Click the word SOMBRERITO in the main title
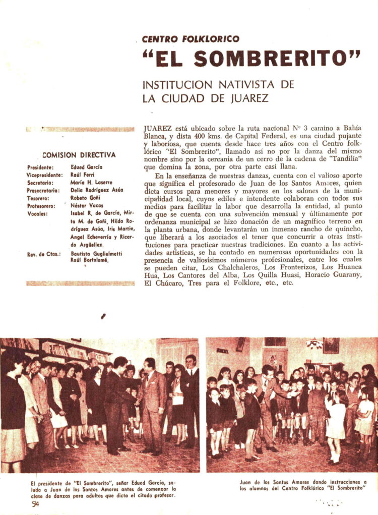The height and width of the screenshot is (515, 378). (x=278, y=59)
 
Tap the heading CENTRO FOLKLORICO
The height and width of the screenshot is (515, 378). (x=191, y=39)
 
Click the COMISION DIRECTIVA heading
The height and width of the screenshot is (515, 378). (x=79, y=155)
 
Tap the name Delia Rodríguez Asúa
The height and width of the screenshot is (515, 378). (x=97, y=190)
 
